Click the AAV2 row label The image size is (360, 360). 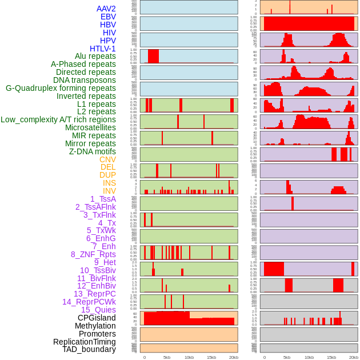106,9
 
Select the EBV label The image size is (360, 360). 108,17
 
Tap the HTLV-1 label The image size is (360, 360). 103,49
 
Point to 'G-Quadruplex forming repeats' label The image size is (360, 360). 61,88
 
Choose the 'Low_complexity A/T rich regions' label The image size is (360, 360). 58,119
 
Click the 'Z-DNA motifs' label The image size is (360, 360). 93,151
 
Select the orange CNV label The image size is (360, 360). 107,159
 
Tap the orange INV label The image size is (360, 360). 109,191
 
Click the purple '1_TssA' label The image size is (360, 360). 103,199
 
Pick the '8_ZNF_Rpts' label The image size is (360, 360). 93,254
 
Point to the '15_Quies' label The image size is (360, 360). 98,310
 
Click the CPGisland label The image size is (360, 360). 97,318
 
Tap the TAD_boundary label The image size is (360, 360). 89,349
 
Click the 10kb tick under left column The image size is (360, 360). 189,357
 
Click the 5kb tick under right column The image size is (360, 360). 287,357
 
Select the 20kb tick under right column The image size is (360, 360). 354,357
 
